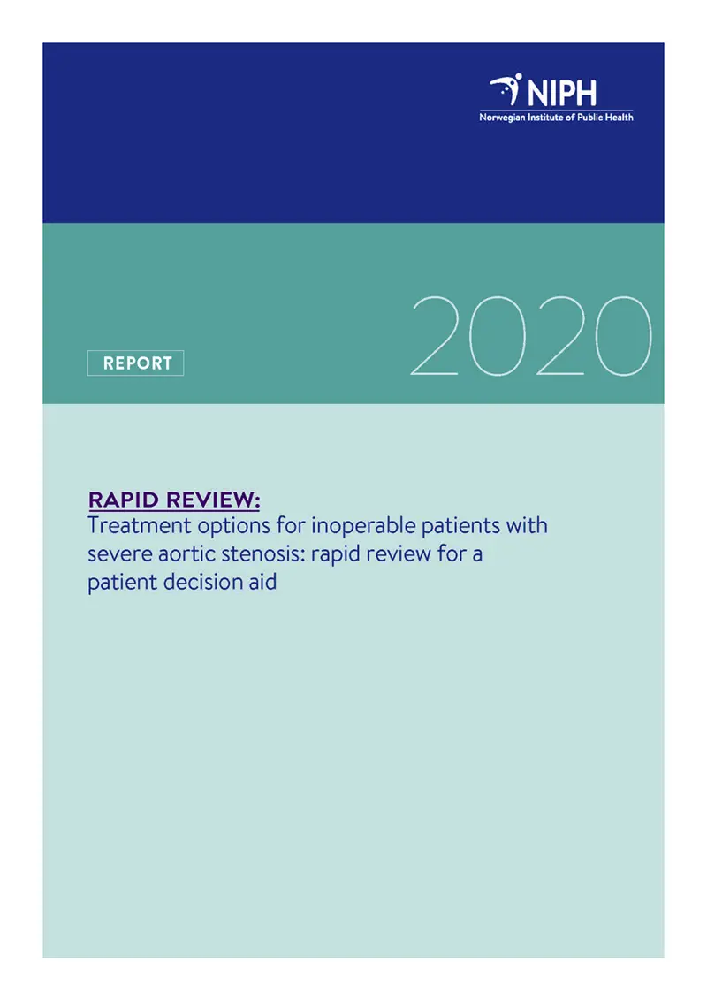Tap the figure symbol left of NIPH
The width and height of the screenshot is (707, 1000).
point(507,89)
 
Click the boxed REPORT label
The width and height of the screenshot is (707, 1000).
point(135,363)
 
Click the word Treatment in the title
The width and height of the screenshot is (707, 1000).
point(133,526)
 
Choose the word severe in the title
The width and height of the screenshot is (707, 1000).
point(116,555)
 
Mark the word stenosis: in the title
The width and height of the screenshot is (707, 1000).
point(263,555)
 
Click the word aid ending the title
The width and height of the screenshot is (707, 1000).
point(262,584)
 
